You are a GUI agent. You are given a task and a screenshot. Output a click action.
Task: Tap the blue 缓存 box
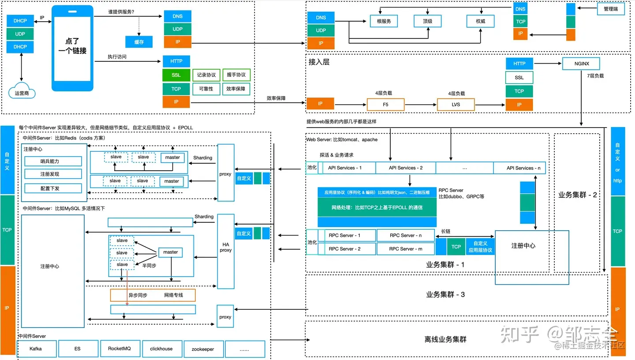[x=139, y=42]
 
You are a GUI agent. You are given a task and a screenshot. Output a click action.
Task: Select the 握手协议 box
[x=236, y=75]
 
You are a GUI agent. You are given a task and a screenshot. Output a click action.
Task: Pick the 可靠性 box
[x=206, y=89]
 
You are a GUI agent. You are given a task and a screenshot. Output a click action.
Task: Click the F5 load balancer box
[x=385, y=105]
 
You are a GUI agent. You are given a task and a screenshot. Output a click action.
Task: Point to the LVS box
[x=456, y=105]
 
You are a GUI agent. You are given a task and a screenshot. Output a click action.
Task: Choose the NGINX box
[x=582, y=64]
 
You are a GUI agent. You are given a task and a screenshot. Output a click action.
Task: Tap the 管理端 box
[x=611, y=9]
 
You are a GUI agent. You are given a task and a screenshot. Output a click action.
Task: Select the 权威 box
[x=481, y=21]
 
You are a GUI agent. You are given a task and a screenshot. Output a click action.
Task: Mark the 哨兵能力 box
[x=53, y=161]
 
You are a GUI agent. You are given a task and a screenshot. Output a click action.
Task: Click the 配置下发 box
[x=53, y=188]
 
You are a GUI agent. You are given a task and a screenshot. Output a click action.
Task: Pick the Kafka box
[x=36, y=349]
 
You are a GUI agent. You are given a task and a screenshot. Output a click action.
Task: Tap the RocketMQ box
[x=120, y=349]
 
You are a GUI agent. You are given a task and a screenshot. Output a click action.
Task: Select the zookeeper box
[x=203, y=349]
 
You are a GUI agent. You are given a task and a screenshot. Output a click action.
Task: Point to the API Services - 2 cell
[x=406, y=168]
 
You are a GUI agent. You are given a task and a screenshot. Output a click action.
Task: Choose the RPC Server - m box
[x=406, y=249]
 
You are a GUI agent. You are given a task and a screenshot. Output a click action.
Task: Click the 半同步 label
[x=150, y=266]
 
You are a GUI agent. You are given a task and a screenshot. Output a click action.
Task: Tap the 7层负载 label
[x=595, y=76]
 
